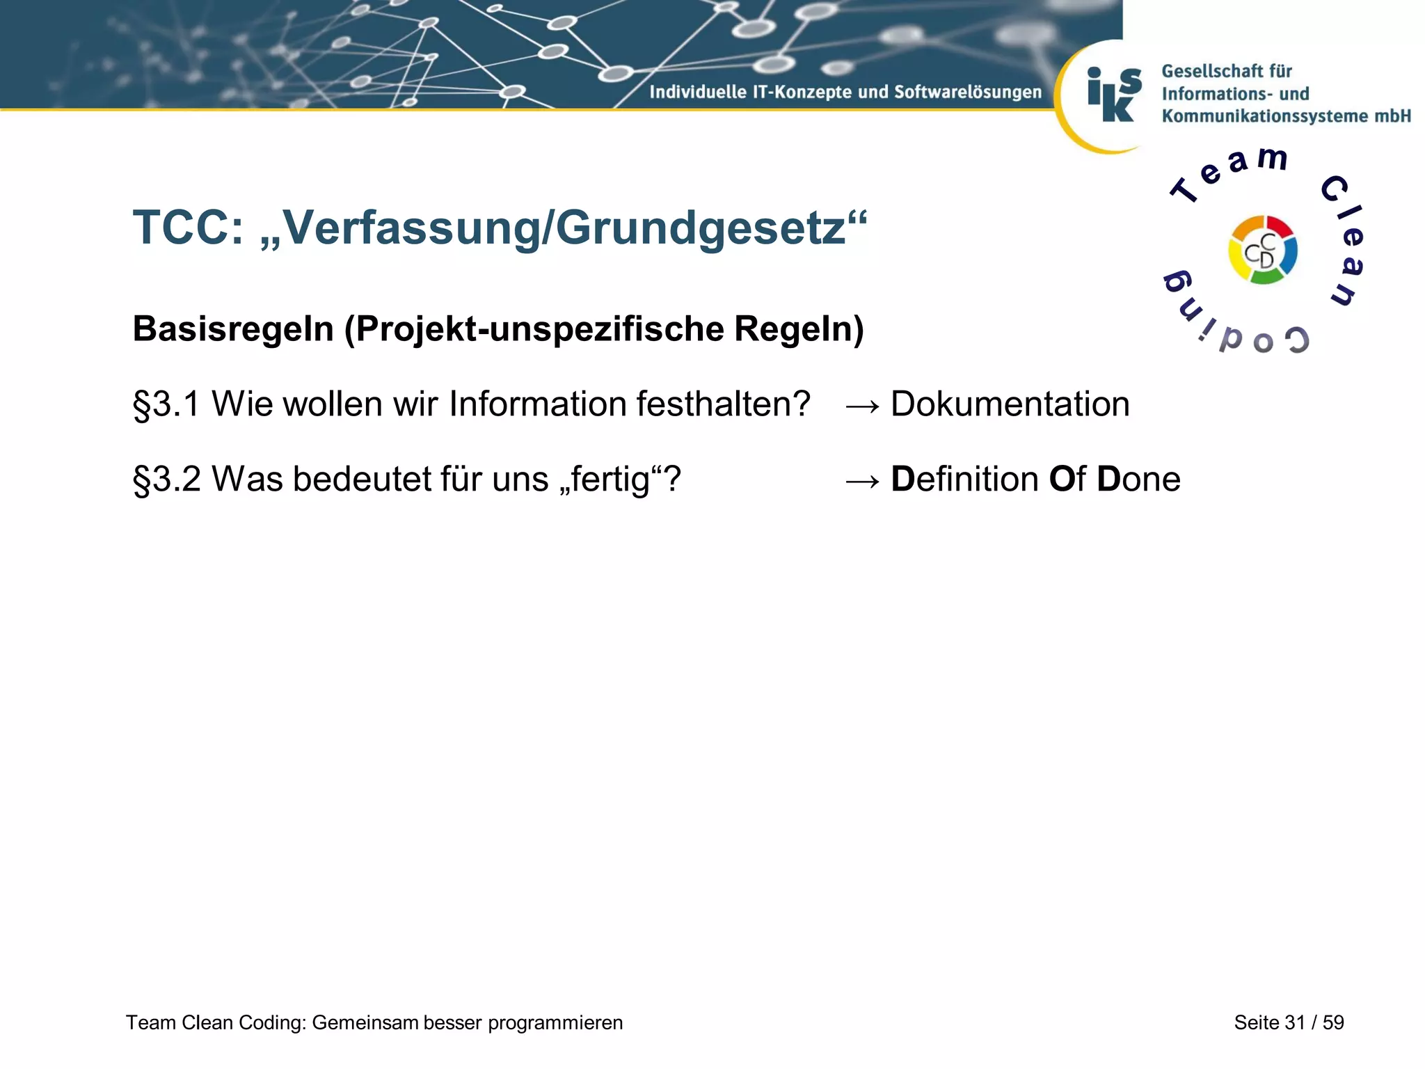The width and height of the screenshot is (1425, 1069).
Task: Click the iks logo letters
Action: click(x=1114, y=95)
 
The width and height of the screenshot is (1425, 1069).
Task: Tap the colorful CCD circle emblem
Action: click(x=1262, y=250)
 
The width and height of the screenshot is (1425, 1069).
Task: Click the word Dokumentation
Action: click(x=1010, y=404)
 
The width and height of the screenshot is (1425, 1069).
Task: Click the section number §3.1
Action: click(x=166, y=404)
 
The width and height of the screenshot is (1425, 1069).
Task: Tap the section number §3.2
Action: click(x=166, y=480)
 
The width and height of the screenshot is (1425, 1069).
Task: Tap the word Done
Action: click(x=1138, y=480)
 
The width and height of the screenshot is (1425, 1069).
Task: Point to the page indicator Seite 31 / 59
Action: click(x=1289, y=1022)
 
